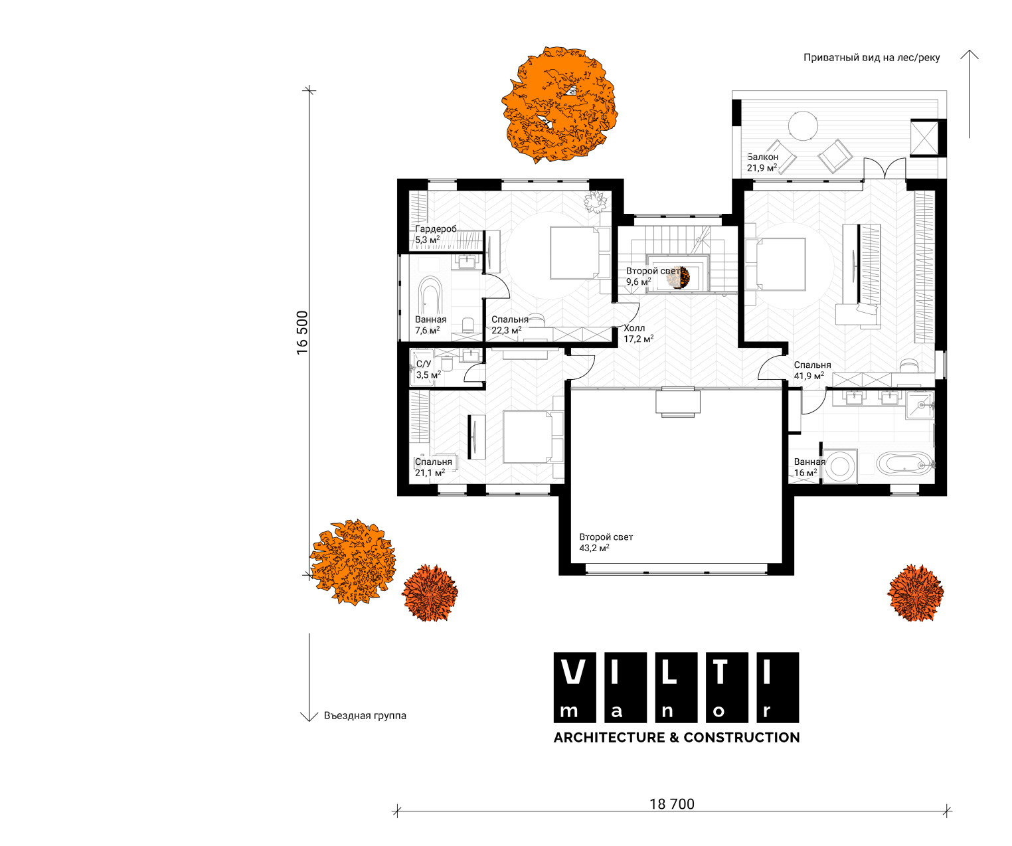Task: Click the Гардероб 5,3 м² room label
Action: tap(436, 234)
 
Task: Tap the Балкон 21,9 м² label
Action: tap(762, 163)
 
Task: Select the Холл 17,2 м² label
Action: tap(638, 333)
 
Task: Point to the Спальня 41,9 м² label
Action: tap(812, 371)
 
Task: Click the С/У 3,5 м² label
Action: tap(428, 369)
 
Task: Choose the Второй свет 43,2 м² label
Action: tap(606, 543)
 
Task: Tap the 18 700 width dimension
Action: tap(672, 804)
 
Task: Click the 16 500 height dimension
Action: tap(302, 333)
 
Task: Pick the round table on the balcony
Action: tap(803, 126)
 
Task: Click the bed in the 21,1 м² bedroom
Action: tap(533, 437)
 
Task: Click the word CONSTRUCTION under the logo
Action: tap(742, 737)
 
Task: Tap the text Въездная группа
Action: tap(365, 716)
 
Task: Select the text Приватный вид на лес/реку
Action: tap(871, 58)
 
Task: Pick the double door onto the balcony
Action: tap(885, 169)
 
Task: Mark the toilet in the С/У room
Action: tap(447, 364)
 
